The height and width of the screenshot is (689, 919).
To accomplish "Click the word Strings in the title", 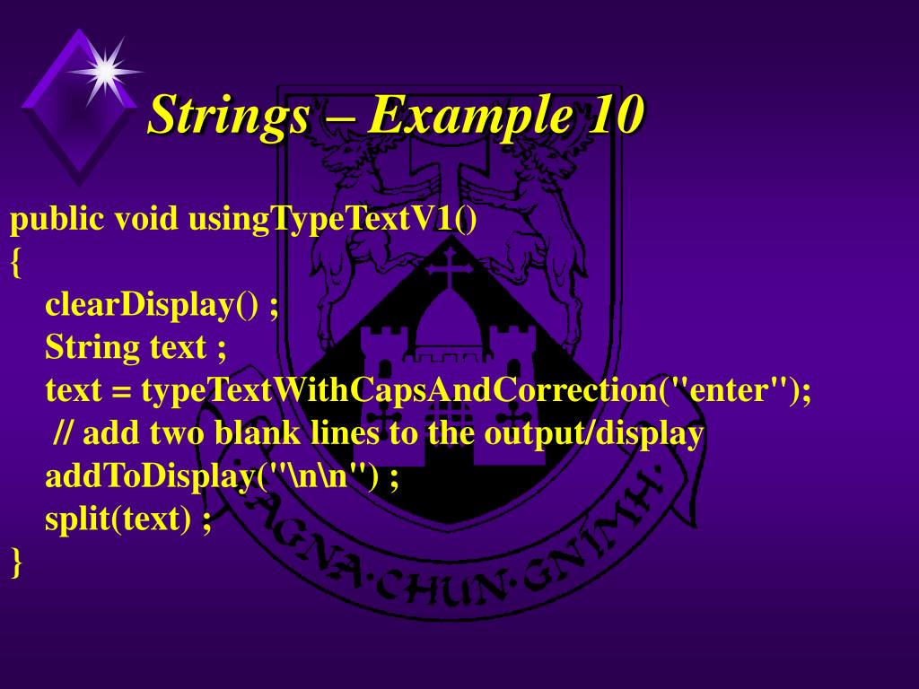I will tap(229, 116).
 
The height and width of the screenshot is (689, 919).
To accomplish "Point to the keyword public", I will tap(56, 219).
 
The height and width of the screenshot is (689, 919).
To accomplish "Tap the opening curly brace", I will tap(16, 262).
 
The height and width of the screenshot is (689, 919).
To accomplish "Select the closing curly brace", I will tap(16, 563).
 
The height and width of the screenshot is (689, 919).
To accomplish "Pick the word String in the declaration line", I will tap(92, 347).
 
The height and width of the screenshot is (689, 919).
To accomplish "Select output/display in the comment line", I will tap(593, 433).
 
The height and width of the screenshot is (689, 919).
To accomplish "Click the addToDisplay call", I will tap(150, 476).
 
